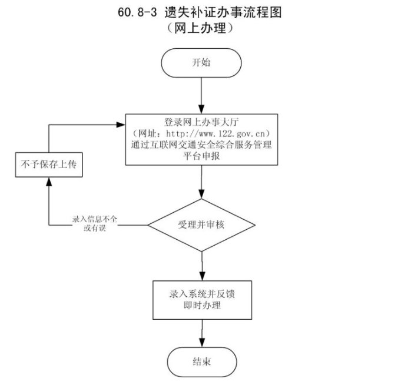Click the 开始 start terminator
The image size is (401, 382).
201,62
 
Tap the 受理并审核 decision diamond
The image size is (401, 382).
201,224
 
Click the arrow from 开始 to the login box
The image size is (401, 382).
201,94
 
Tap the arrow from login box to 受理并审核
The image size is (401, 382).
201,183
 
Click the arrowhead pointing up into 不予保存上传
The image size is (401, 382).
48,181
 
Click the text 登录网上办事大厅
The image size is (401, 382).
201,122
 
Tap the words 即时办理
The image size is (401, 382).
201,305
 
